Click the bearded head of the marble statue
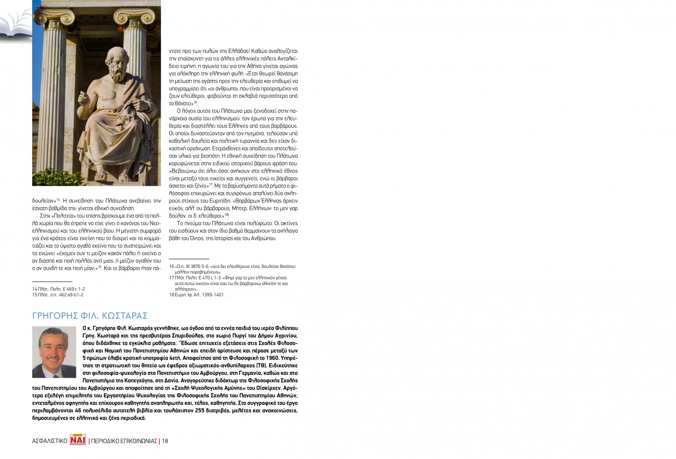[x=114, y=63]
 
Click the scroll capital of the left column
[x=54, y=17]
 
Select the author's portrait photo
[x=54, y=352]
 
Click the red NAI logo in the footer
[x=78, y=440]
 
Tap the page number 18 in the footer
[x=165, y=441]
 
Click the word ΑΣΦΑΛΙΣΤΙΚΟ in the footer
[x=50, y=441]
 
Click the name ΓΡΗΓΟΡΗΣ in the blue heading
[x=55, y=316]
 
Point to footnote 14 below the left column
[x=59, y=289]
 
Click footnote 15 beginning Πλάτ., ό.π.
[x=58, y=295]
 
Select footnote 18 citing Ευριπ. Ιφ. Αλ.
[x=196, y=295]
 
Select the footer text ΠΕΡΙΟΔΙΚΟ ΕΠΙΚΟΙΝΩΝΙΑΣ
[x=124, y=441]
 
